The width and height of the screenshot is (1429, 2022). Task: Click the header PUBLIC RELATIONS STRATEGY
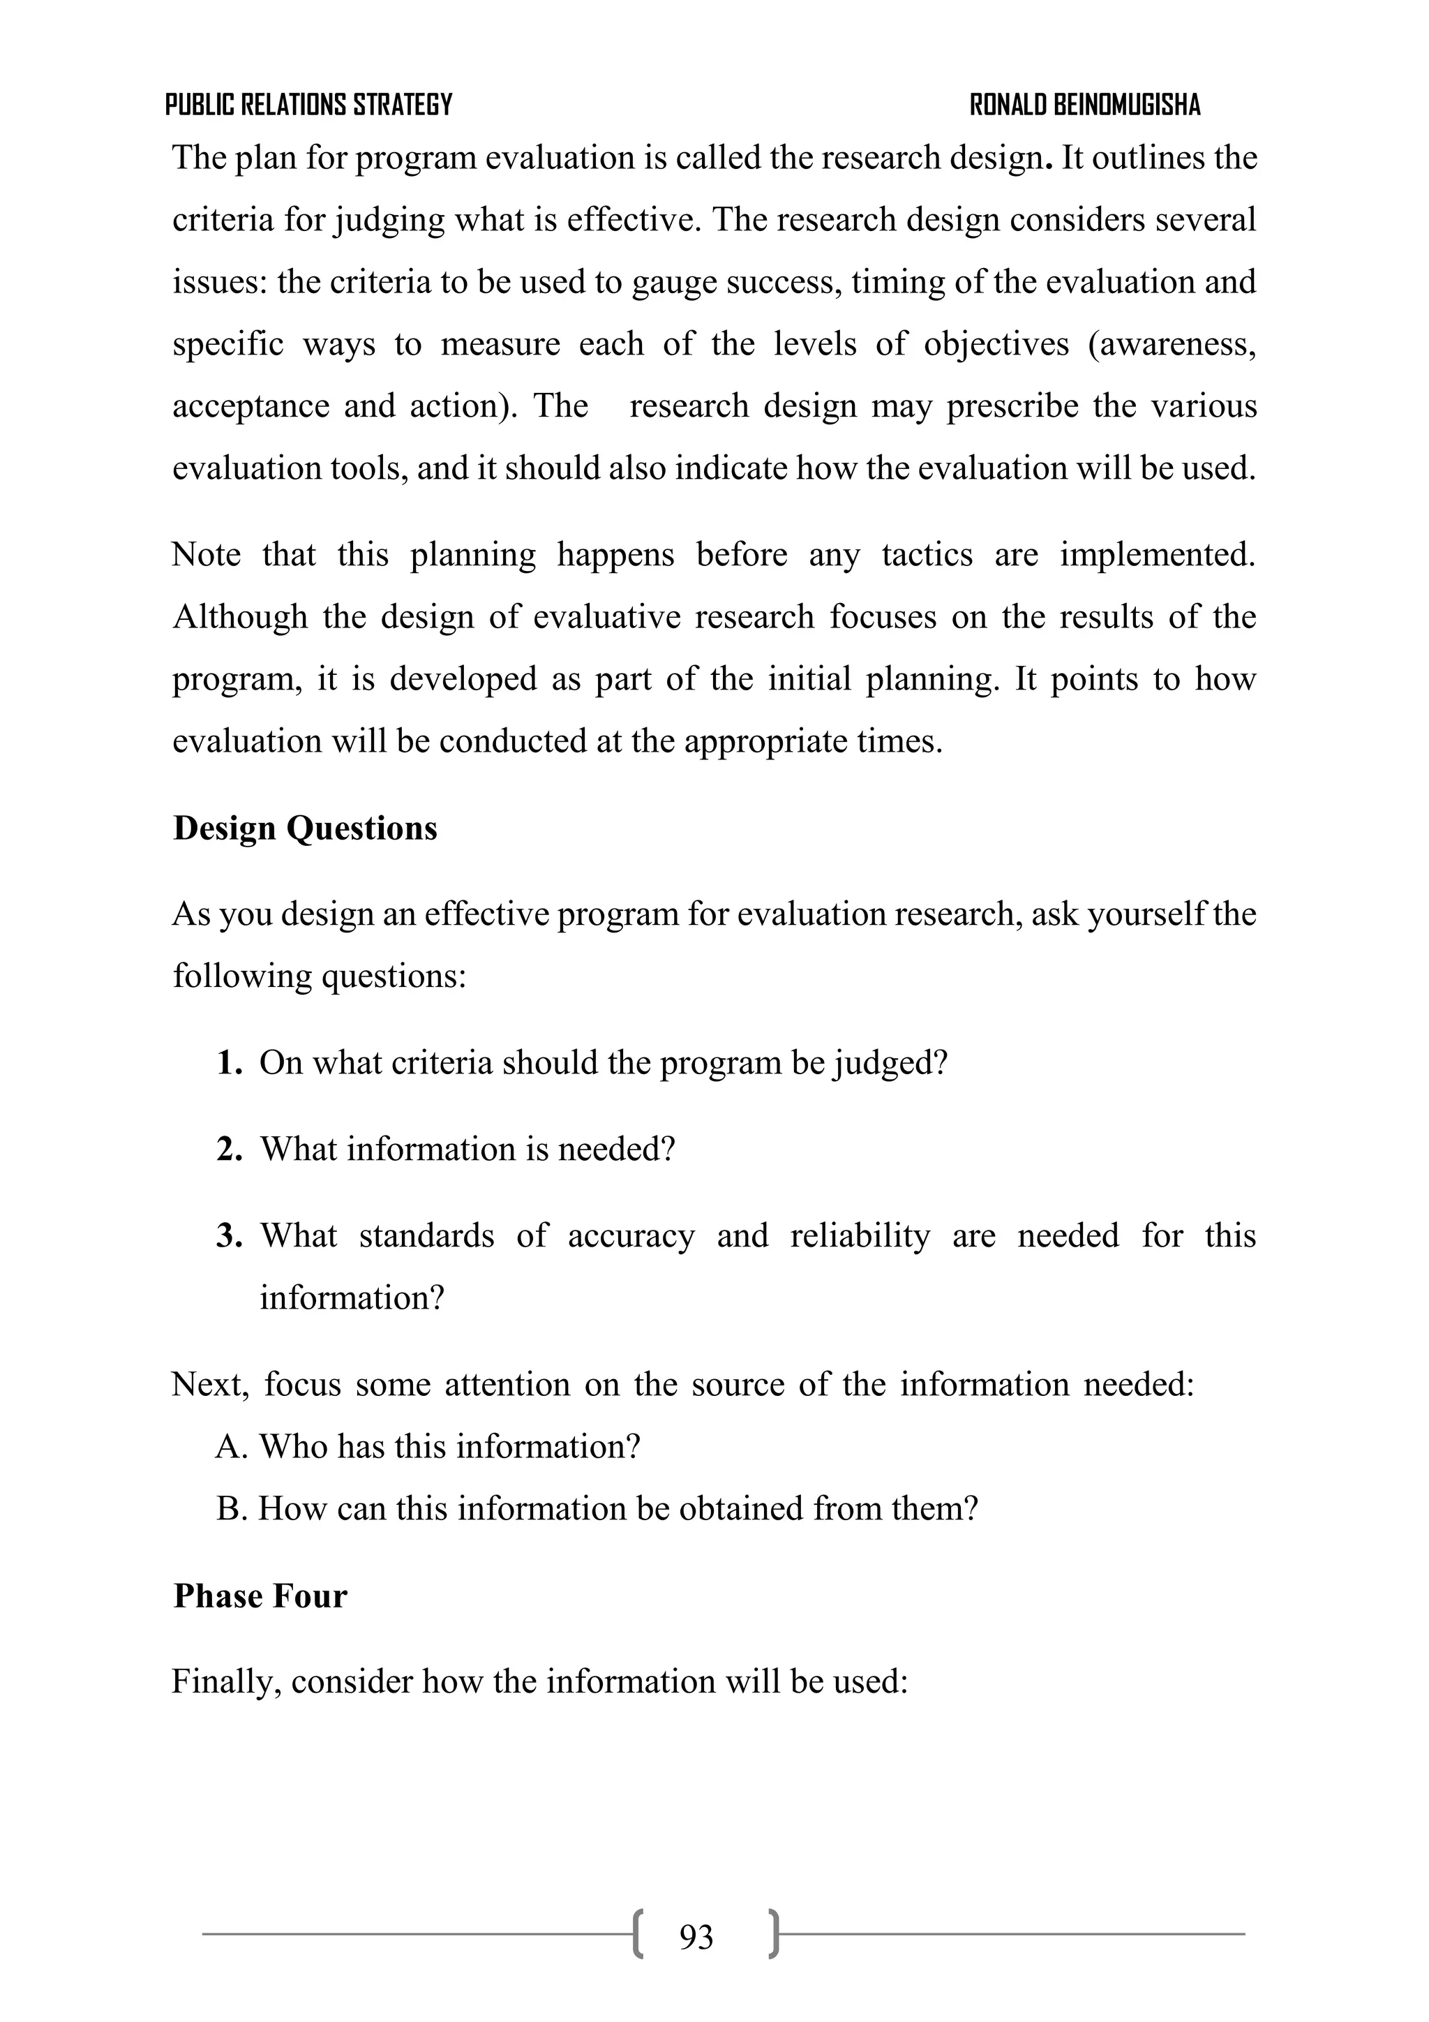tap(308, 105)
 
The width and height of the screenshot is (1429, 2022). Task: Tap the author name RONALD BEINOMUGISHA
tap(1085, 105)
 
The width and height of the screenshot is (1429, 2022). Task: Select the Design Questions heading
tap(305, 828)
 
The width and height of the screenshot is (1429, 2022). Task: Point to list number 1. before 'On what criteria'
tap(229, 1063)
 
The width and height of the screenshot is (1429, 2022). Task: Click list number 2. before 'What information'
tap(229, 1150)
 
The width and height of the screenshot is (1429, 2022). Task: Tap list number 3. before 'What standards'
tap(229, 1235)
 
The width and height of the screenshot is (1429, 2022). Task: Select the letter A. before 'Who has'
tap(232, 1446)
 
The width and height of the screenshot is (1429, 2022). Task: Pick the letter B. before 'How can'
tap(232, 1508)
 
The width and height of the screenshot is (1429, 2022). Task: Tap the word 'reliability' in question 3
tap(860, 1235)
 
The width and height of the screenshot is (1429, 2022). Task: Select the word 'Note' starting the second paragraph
tap(206, 555)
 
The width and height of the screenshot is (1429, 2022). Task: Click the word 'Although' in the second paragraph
tap(239, 616)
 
